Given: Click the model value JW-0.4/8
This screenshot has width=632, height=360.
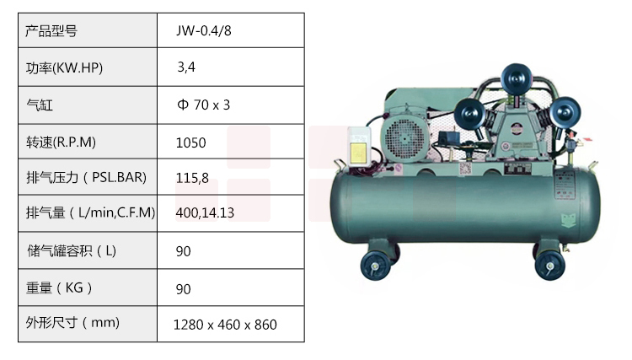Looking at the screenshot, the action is tap(204, 30).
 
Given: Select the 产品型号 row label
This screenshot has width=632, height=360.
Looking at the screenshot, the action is tap(51, 31).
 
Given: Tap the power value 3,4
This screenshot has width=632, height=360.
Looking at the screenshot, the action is tap(186, 67).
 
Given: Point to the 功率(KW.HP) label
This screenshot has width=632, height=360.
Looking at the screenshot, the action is tap(65, 67).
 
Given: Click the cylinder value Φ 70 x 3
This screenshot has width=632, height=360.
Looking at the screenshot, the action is tap(204, 105).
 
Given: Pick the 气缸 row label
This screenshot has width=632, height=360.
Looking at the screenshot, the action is tap(40, 105).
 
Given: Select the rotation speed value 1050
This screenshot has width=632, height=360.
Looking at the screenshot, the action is tap(191, 142).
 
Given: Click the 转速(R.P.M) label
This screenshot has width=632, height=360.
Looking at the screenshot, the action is tap(61, 142).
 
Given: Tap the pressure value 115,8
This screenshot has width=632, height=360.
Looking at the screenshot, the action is tap(192, 178).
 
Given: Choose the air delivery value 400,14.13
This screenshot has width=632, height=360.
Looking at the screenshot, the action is tap(205, 212).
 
